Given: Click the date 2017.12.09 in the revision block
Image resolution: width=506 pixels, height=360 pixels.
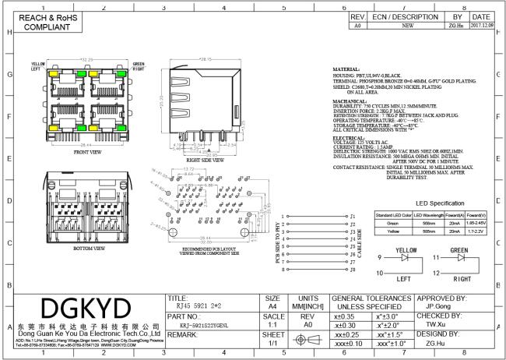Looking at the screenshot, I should coord(480,25).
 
